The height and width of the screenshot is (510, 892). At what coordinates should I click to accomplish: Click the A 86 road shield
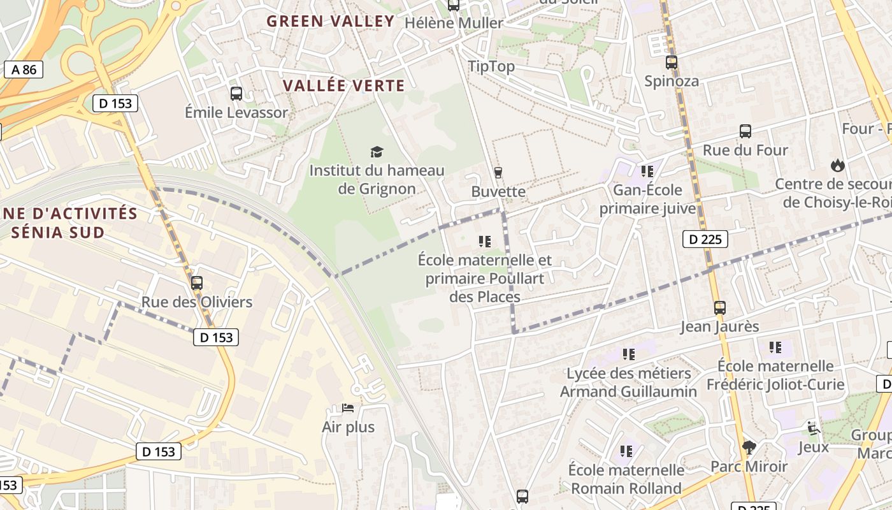pos(24,69)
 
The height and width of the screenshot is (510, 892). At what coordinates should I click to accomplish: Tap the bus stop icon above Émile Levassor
pos(236,94)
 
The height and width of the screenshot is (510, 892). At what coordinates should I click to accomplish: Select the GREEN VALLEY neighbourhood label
pos(331,21)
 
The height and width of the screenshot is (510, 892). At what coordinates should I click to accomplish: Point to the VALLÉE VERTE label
pos(343,85)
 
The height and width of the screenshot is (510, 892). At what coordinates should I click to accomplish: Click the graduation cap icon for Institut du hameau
pos(377,152)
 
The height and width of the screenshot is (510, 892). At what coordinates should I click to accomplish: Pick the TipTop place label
pos(491,66)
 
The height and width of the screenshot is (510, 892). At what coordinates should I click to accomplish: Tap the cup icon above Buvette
pos(498,172)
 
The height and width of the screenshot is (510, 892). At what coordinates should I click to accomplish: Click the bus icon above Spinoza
pos(672,62)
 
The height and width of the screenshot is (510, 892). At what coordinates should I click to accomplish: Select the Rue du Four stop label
pos(745,150)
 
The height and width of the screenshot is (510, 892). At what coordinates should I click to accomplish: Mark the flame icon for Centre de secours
pos(837,165)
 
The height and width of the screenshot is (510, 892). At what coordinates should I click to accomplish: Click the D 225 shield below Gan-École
pos(705,239)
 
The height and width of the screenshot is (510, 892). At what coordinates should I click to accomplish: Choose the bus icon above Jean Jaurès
pos(719,308)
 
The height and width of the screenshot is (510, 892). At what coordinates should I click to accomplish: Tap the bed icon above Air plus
pos(348,408)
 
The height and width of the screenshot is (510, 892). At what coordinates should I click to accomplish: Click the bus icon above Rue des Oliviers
pos(197,283)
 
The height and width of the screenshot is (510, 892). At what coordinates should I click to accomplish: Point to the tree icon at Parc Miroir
pos(749,448)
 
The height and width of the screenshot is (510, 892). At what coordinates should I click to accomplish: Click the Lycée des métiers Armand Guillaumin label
pos(628,382)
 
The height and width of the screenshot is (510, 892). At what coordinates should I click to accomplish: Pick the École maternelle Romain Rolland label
pos(626,479)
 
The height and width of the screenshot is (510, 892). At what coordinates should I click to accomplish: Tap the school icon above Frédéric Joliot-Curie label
pos(775,347)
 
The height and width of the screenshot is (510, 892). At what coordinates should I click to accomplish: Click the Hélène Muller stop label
pos(454,23)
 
